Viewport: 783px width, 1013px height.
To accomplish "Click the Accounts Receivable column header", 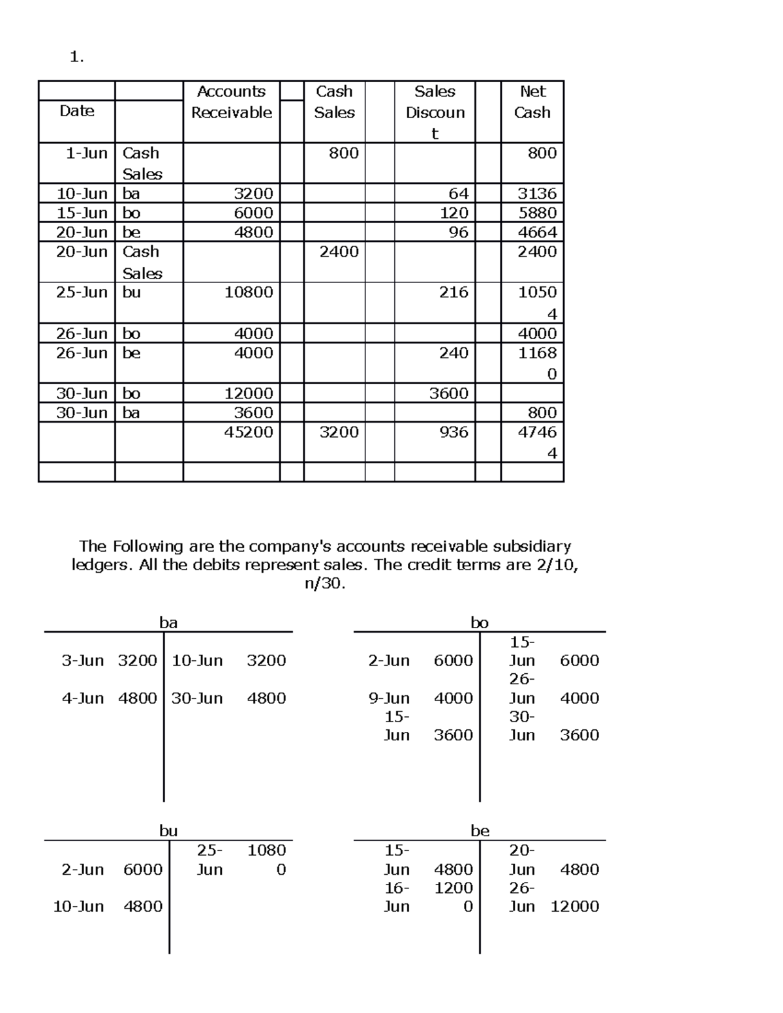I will pos(231,102).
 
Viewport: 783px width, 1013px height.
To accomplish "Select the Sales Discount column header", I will pos(435,112).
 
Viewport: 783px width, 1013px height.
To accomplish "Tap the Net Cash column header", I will pos(532,102).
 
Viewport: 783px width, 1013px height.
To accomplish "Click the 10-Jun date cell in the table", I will pos(82,194).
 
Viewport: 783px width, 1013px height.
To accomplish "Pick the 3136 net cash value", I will pos(537,194).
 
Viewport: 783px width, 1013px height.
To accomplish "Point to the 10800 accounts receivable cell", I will pos(249,292).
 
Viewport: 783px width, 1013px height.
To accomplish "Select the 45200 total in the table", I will pos(249,432).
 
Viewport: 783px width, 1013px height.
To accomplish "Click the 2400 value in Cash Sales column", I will pos(339,252).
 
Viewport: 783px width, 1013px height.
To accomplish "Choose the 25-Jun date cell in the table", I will pos(82,292).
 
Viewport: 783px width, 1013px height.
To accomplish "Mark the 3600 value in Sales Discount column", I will pos(448,393).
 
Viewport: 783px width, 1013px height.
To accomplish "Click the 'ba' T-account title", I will pos(168,622).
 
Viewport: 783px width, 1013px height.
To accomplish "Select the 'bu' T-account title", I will pos(168,830).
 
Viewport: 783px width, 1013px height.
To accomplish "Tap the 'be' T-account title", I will pos(480,830).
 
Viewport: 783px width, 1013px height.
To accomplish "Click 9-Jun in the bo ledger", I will pos(389,698).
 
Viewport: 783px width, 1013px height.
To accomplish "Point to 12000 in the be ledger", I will pos(574,906).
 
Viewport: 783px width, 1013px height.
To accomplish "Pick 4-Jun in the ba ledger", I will pos(83,698).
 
